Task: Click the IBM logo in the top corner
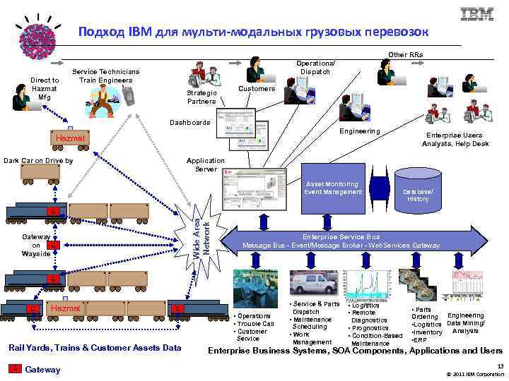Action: pos(477,15)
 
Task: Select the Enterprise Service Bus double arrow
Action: pos(341,241)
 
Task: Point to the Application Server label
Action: pos(206,164)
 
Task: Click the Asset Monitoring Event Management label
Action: pos(333,188)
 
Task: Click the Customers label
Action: pos(257,89)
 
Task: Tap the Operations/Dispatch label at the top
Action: pos(315,68)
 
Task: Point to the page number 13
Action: pos(500,366)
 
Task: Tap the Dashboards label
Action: pos(190,123)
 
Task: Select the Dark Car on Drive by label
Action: pos(38,161)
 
